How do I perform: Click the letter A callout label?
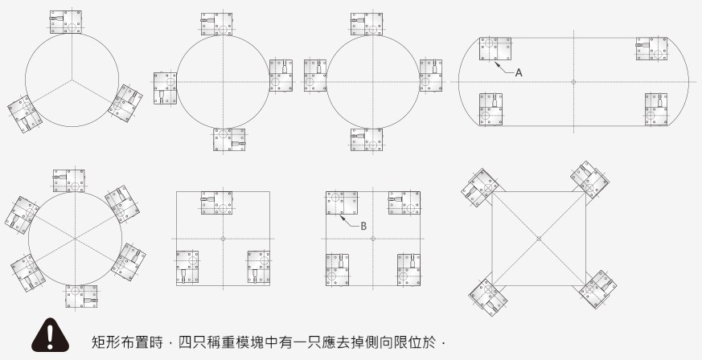(519, 72)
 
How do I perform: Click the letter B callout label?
(363, 226)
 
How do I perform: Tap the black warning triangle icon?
(51, 337)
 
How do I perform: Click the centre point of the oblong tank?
(573, 81)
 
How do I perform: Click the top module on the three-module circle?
(65, 22)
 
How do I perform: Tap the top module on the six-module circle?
(70, 182)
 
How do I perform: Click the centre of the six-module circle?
(76, 239)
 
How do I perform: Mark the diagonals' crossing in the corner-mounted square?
(539, 239)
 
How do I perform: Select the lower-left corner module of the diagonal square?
(485, 297)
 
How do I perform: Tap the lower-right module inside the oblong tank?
(657, 108)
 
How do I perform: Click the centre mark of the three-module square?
(222, 239)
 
